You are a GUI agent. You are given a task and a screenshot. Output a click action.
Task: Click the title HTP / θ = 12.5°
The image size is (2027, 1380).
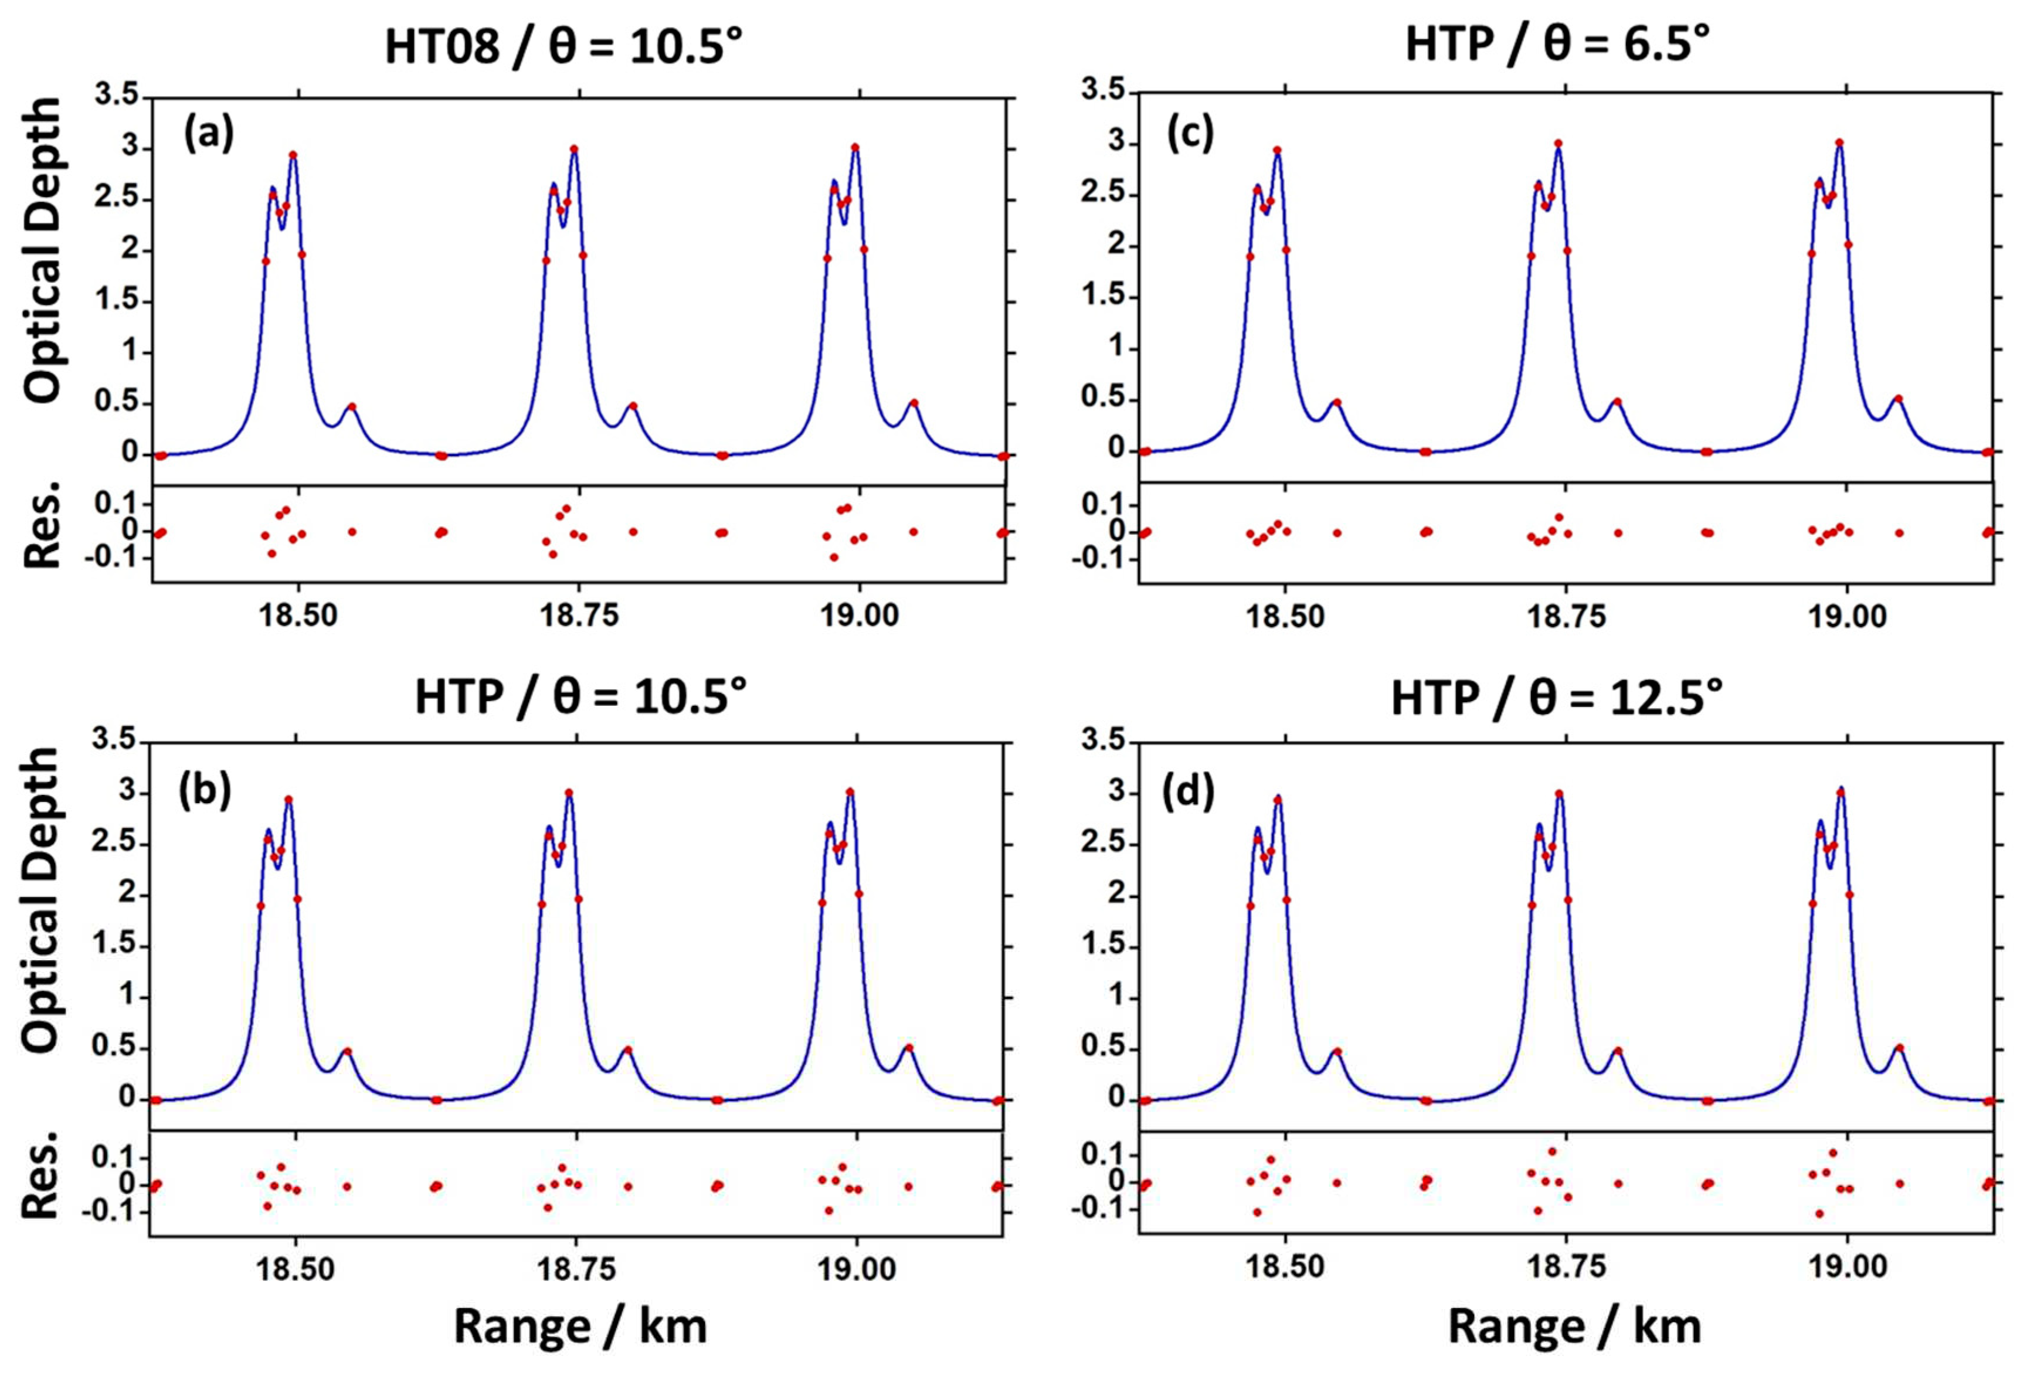point(1556,698)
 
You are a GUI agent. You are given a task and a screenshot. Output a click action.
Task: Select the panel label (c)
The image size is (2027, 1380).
point(1190,134)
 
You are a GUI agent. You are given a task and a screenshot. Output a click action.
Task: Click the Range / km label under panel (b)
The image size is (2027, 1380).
point(580,1327)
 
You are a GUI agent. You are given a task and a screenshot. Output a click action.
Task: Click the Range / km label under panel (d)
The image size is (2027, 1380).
point(1574,1327)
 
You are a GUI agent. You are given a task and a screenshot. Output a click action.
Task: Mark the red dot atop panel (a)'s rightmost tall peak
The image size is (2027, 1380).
point(855,147)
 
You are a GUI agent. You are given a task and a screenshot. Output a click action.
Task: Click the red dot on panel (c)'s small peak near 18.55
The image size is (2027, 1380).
point(1336,402)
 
